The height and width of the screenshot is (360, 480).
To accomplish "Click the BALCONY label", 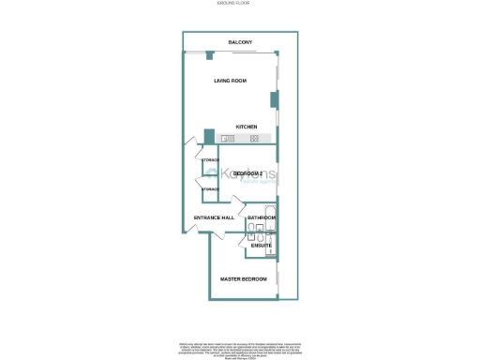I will coord(240,42).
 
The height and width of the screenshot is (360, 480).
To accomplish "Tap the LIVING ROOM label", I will coord(230,81).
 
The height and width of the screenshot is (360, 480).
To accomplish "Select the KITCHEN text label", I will coord(247,127).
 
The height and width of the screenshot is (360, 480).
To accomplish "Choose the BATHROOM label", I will coord(262,217).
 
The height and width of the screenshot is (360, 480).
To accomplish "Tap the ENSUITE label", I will coord(261,246).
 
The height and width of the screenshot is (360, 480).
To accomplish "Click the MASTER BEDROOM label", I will coord(243,279).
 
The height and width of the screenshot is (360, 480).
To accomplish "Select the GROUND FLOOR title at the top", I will coord(240,5).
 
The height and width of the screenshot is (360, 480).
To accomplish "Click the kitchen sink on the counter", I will coord(227,139).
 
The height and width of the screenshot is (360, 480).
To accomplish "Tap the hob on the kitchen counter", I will coord(254,139).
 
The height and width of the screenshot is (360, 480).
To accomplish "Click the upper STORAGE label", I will coord(210,160).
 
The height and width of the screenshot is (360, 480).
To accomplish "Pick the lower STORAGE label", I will coord(210,189).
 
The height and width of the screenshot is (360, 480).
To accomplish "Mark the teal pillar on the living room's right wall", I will coord(274,98).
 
